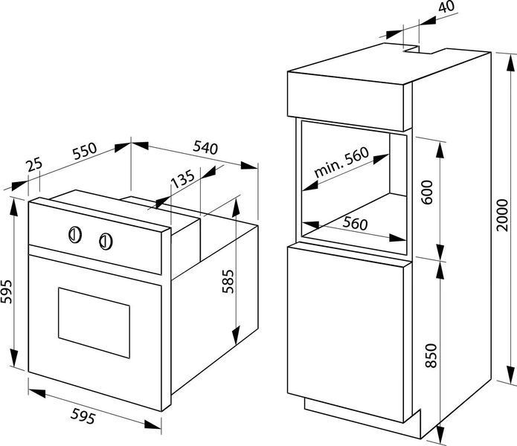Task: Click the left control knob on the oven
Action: pyautogui.click(x=75, y=235)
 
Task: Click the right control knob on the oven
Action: pyautogui.click(x=106, y=242)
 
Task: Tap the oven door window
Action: pyautogui.click(x=94, y=323)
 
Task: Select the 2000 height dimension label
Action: pyautogui.click(x=503, y=215)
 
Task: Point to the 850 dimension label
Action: pyautogui.click(x=431, y=355)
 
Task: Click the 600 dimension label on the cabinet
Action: pyautogui.click(x=427, y=193)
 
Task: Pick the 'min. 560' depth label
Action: pyautogui.click(x=341, y=162)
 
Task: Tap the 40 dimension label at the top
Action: pyautogui.click(x=446, y=7)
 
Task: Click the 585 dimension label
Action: pyautogui.click(x=228, y=281)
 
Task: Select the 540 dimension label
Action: pyautogui.click(x=206, y=147)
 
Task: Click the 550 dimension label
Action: pyautogui.click(x=85, y=151)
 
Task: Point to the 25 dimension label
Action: pyautogui.click(x=35, y=165)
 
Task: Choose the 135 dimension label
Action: pyautogui.click(x=183, y=179)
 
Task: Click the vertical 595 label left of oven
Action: pyautogui.click(x=7, y=291)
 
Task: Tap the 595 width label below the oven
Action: pyautogui.click(x=83, y=416)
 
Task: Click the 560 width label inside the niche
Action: pyautogui.click(x=355, y=223)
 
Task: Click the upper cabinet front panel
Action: pyautogui.click(x=346, y=101)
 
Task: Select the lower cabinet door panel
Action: pyautogui.click(x=346, y=334)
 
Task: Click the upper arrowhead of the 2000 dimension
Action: pyautogui.click(x=511, y=62)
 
